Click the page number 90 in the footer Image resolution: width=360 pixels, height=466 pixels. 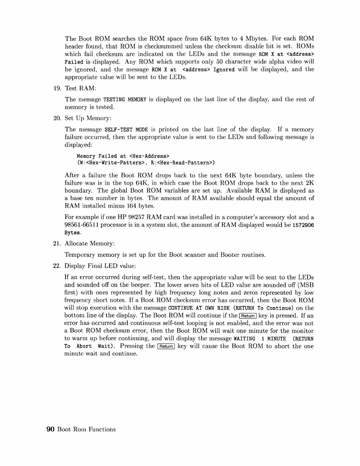tap(50, 429)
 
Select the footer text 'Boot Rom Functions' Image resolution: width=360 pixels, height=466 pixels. tap(86, 429)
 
